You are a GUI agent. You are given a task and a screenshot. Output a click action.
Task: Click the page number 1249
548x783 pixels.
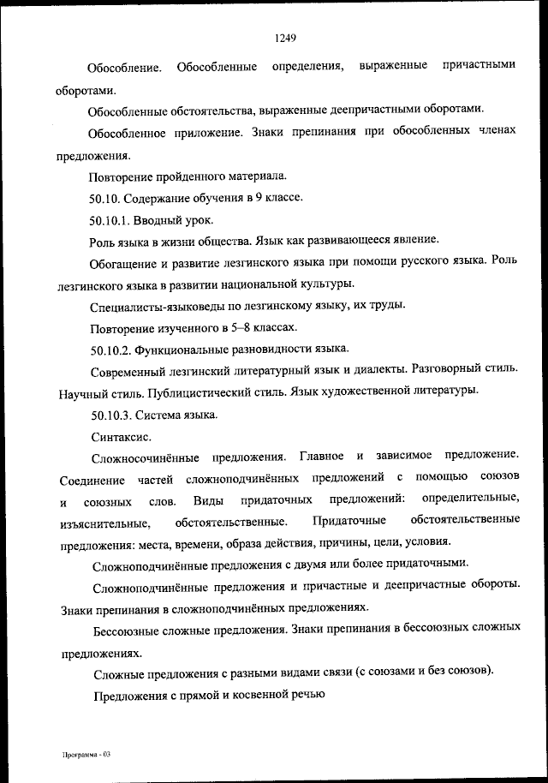(x=285, y=38)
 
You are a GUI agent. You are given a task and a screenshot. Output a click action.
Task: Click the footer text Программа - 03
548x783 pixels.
(x=86, y=754)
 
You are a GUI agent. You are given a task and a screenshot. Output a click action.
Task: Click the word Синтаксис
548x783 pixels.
(x=118, y=436)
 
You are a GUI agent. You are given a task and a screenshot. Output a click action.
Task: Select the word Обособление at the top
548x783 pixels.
(x=125, y=66)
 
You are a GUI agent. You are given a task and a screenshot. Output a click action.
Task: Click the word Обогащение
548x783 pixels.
(x=126, y=262)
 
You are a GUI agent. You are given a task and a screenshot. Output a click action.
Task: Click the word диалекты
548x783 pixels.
(x=369, y=370)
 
